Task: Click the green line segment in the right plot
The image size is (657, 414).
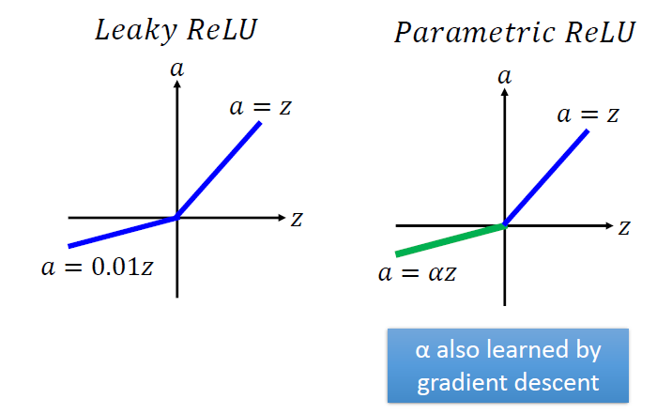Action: pos(451,239)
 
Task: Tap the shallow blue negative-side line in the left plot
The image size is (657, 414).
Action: pos(122,232)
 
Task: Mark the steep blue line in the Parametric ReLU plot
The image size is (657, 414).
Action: pos(547,177)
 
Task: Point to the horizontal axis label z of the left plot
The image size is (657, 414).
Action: pos(296,219)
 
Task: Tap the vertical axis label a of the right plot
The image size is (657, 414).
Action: pos(505,76)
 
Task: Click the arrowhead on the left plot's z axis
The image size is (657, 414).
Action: pos(280,218)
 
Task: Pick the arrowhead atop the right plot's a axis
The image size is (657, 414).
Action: pos(505,93)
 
